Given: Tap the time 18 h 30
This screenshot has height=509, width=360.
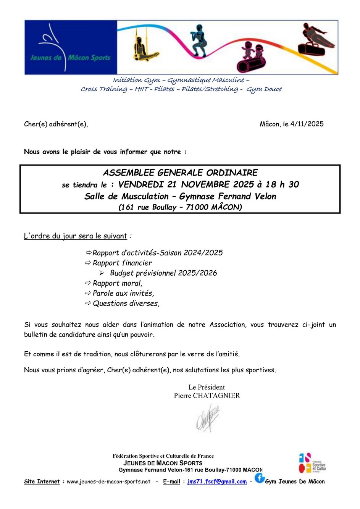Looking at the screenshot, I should click(282, 184).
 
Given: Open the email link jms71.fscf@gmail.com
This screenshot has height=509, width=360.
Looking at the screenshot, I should click(217, 482).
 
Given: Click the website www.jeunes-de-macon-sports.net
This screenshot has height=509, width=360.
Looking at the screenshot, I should click(108, 482).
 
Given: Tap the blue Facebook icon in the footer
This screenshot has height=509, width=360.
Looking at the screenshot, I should click(260, 478).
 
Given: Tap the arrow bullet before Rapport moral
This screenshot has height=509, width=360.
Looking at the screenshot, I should click(88, 283).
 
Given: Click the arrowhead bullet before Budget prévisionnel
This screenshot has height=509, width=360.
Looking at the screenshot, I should click(102, 273).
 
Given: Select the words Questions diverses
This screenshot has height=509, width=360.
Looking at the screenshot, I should click(126, 304).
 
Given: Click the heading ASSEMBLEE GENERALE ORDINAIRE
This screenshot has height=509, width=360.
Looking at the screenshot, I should click(180, 173).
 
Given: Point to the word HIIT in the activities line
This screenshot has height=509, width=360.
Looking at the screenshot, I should click(142, 89).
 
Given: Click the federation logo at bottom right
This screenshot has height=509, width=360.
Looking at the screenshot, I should click(312, 463).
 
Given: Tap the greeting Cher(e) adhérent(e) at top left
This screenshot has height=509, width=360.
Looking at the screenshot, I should click(56, 124).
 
